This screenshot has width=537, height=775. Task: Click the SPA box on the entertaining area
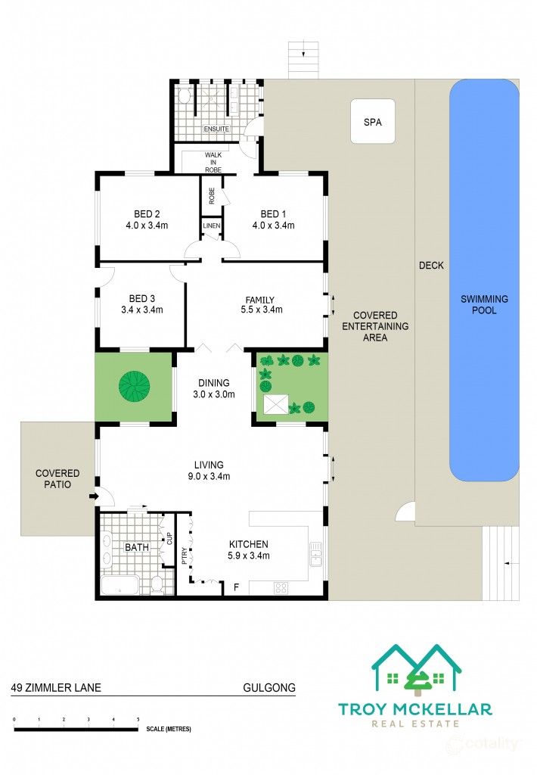click(x=372, y=121)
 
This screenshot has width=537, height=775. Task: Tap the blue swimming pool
click(x=483, y=280)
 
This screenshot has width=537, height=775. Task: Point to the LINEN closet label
click(x=212, y=226)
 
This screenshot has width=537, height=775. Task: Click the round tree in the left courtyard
click(x=134, y=386)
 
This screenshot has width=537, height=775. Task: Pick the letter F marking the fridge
click(x=236, y=587)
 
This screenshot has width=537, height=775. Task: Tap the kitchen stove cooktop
click(x=281, y=587)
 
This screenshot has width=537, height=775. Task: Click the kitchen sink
click(x=315, y=553)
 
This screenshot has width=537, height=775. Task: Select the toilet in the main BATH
click(x=157, y=584)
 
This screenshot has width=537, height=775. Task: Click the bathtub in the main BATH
click(x=120, y=585)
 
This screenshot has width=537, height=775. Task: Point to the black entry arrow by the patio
click(x=92, y=496)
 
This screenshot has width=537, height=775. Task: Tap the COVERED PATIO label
click(x=57, y=479)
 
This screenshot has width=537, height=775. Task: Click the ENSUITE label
click(x=216, y=129)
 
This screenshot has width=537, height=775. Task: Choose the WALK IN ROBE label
click(x=213, y=162)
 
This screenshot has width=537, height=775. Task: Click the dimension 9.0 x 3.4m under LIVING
click(x=209, y=477)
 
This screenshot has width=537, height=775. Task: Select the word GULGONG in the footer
click(x=269, y=687)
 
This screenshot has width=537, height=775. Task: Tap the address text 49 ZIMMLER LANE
click(x=56, y=687)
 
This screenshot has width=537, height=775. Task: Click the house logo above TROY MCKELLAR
click(x=417, y=668)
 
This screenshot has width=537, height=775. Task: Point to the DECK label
click(x=431, y=266)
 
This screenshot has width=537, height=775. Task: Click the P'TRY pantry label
click(x=185, y=555)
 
